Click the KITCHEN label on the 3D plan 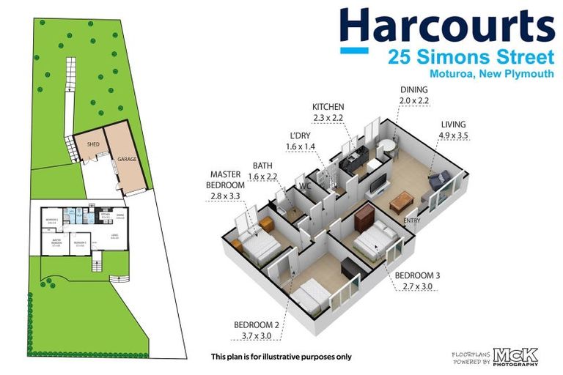click(x=328, y=107)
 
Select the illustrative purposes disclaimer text click(x=281, y=357)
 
